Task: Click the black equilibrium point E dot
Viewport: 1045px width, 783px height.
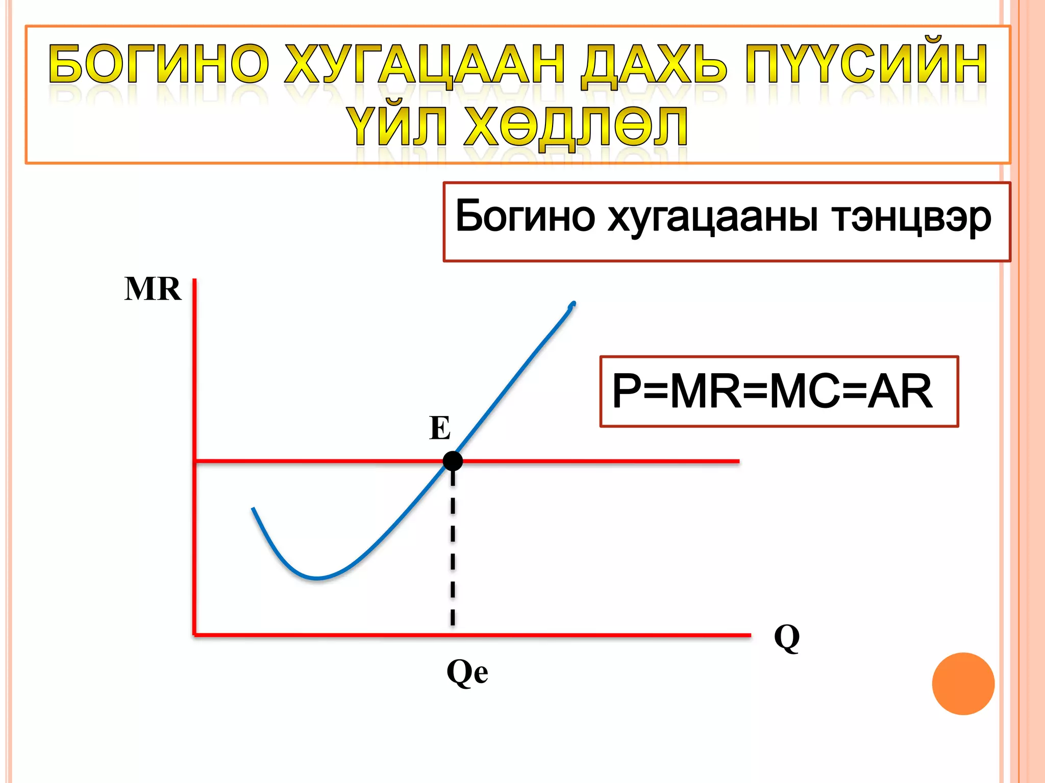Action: coord(453,461)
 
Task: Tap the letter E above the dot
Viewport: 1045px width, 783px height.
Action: coord(440,428)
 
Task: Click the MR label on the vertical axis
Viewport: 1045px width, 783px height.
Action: coord(153,289)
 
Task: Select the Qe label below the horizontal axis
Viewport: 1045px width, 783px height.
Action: coord(467,672)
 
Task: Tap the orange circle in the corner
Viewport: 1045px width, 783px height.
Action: coord(963,684)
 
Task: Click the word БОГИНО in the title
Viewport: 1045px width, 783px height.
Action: coord(159,64)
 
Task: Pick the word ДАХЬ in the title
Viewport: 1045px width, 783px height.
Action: coord(654,64)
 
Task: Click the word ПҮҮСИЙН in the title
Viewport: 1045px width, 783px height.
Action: coord(866,64)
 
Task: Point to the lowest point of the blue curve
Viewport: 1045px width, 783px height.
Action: coord(316,578)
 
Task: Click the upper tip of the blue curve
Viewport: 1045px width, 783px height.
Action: coord(574,304)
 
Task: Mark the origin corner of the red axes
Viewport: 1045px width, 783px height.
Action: coord(194,635)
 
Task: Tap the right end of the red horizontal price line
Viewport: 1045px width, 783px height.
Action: coord(738,461)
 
